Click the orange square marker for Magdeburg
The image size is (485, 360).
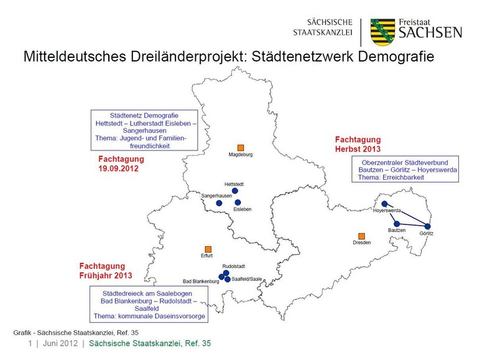[x=241, y=147]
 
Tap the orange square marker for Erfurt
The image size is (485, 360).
[x=208, y=249]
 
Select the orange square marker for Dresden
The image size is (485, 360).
[x=361, y=236]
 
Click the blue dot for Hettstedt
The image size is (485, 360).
[x=235, y=191]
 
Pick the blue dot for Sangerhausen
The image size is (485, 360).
[x=219, y=203]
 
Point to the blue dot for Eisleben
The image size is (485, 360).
[x=238, y=202]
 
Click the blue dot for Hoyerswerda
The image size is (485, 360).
[x=384, y=203]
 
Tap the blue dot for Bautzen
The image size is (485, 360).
[x=397, y=223]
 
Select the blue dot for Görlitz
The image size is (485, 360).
[x=428, y=226]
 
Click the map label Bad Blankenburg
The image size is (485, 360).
[x=201, y=282]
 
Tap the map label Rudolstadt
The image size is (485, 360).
[x=234, y=266]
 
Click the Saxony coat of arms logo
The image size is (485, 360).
[x=383, y=31]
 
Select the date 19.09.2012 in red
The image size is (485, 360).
[x=118, y=168]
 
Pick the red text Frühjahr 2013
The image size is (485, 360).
[x=105, y=274]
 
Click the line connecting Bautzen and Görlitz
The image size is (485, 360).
[x=412, y=224]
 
